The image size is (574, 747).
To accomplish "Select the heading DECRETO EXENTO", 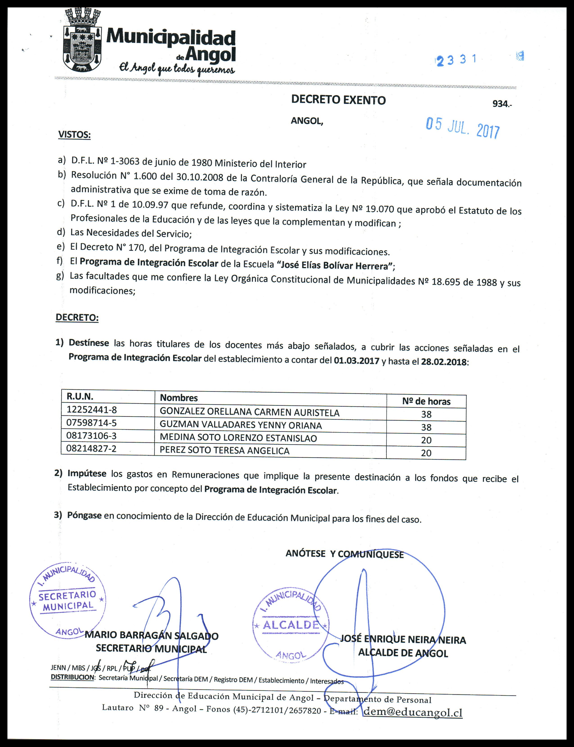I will (x=338, y=100).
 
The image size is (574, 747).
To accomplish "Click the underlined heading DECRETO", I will (x=77, y=318).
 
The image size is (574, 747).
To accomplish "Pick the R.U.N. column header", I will (x=80, y=396).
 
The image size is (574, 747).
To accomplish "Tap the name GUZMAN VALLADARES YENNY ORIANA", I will (x=241, y=425).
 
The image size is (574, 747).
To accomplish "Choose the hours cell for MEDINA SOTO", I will (x=426, y=440).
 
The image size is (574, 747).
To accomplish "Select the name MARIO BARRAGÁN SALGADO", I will (x=151, y=636).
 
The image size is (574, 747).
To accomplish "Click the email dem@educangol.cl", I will (x=413, y=712).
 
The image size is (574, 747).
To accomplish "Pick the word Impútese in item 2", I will (x=87, y=473).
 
